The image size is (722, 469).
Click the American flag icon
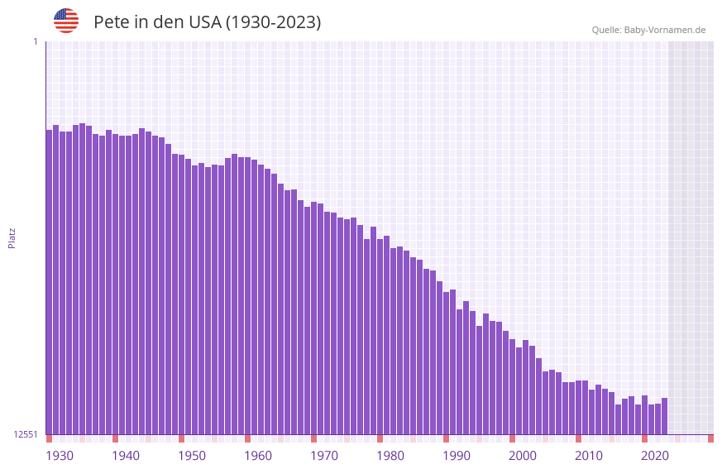(66, 21)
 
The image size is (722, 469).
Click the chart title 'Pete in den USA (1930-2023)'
(207, 22)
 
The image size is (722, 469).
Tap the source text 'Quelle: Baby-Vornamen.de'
(648, 30)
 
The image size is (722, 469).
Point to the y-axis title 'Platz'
(12, 238)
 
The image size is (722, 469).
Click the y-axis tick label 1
(35, 41)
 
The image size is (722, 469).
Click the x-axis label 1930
(60, 456)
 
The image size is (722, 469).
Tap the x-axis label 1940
(126, 456)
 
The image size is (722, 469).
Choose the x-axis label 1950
(192, 456)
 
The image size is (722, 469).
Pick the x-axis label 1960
(258, 456)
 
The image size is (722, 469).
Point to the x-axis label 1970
(324, 456)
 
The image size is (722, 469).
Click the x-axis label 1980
(390, 456)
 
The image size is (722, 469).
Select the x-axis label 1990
(457, 456)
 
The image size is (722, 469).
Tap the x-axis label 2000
(523, 456)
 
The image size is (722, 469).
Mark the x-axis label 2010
(589, 456)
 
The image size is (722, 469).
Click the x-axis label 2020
(655, 456)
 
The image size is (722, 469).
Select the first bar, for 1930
(49, 281)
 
